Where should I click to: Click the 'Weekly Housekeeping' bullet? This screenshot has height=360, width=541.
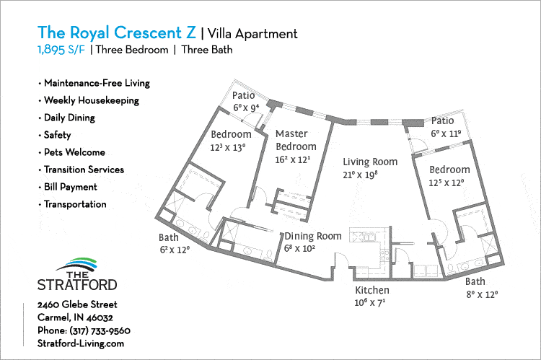[91, 100]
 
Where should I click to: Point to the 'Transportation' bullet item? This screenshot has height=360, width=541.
[74, 204]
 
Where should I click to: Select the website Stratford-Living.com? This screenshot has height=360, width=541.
[80, 343]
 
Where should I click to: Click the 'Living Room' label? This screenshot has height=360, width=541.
[370, 162]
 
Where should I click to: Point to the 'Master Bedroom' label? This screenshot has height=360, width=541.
[291, 140]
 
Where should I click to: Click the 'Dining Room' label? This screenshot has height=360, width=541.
[312, 236]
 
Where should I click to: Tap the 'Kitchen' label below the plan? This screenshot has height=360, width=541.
[372, 290]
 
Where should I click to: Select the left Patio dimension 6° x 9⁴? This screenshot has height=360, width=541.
[245, 107]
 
